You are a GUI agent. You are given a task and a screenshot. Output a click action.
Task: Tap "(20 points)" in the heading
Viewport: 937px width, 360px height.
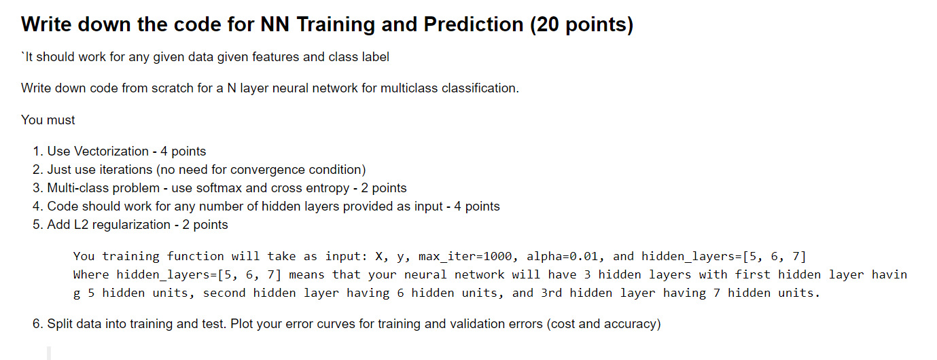581,25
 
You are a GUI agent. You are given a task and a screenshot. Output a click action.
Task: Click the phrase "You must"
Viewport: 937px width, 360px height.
48,120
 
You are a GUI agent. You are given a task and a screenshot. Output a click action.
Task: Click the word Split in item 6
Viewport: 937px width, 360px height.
59,324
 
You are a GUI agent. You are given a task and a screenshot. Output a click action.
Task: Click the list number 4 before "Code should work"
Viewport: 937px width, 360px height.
37,206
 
